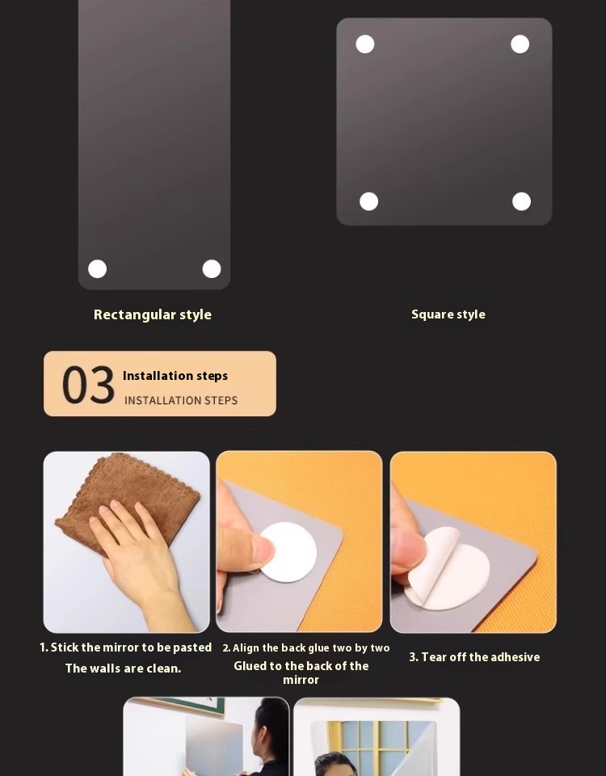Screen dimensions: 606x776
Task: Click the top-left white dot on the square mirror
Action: point(365,44)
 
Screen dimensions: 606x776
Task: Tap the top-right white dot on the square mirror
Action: point(520,44)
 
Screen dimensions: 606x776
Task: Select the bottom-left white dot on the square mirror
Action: point(368,201)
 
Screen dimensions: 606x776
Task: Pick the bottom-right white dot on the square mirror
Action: point(521,201)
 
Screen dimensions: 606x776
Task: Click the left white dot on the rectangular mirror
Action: point(98,268)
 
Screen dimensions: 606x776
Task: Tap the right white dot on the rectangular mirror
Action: point(212,268)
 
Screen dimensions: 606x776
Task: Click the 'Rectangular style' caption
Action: point(153,314)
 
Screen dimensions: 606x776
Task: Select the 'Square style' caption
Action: point(448,314)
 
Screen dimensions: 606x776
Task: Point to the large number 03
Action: point(88,385)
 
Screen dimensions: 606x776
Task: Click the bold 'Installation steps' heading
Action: point(175,376)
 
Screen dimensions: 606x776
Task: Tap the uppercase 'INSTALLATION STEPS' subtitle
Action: point(181,400)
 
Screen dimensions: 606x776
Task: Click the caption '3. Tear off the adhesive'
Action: point(474,657)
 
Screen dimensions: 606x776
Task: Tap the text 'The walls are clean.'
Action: point(123,668)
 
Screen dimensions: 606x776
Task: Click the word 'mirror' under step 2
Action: point(301,680)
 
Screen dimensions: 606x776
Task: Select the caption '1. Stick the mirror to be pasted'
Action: point(126,647)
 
